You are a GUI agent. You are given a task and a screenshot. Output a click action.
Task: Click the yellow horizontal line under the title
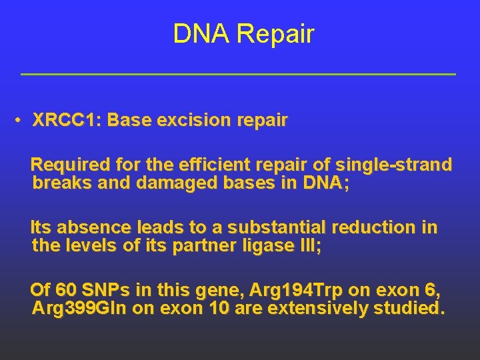coord(238,74)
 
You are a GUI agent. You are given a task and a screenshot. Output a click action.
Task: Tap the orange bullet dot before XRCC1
coord(21,121)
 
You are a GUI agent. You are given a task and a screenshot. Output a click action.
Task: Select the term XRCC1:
coord(67,121)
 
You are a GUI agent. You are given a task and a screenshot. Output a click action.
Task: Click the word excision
coord(198,121)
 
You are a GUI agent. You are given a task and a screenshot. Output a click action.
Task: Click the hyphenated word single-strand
coord(395,165)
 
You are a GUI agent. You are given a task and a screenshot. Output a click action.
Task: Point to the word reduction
coord(377,228)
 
